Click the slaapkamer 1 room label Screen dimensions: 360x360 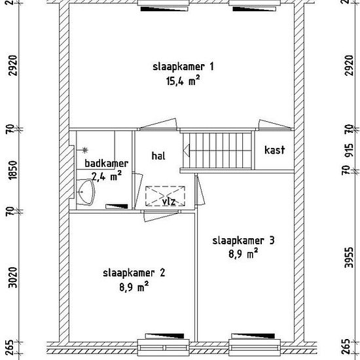183,67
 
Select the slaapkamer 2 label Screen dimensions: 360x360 134,273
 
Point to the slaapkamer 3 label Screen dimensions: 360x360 243,241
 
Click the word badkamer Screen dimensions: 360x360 107,164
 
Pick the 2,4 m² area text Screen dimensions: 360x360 106,176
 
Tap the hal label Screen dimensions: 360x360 158,156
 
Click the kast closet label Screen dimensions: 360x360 275,150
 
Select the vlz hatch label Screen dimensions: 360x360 169,202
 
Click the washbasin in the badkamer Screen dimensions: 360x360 86,192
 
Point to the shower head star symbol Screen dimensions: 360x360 85,150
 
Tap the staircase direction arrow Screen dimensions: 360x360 186,151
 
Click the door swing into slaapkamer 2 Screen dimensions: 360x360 161,216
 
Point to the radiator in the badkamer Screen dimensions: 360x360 117,206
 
